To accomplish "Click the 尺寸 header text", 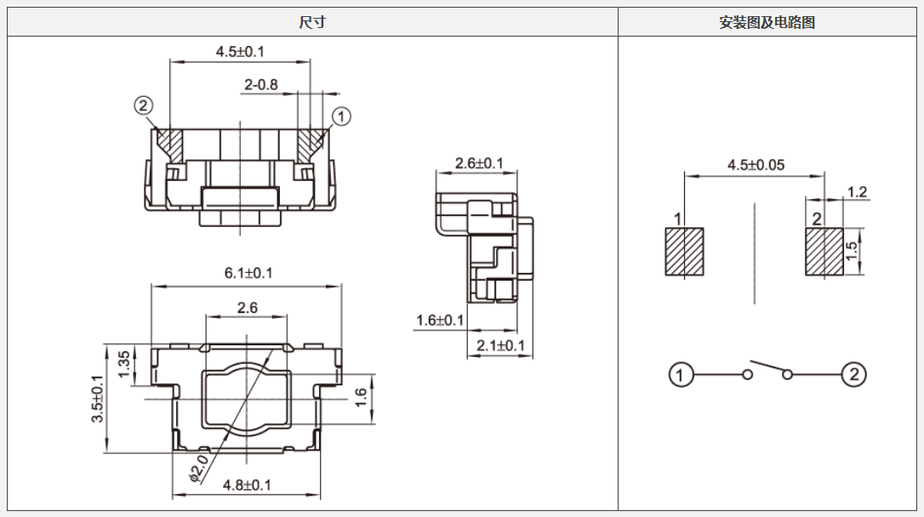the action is (312, 22).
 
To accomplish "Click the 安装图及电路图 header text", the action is (767, 22).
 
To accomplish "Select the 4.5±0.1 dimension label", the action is (240, 51).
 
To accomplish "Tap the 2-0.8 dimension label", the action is (261, 85).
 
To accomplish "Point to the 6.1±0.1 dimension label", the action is (248, 273).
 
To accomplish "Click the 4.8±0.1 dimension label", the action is (247, 486).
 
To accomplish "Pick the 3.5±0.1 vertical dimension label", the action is (98, 399).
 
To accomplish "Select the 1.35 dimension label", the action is (124, 365).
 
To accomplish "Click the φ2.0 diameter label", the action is (198, 469).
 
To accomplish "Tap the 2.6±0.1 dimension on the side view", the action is (479, 163).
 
